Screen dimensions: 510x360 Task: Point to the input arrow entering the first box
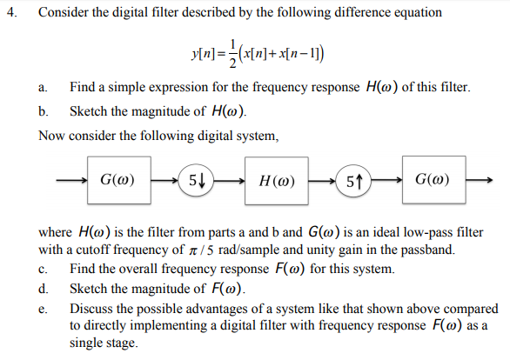71,180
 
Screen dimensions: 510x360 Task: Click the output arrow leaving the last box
480,180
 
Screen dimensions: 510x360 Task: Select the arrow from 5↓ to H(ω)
229,181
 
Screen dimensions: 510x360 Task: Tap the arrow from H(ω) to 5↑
322,181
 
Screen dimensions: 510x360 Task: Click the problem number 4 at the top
11,12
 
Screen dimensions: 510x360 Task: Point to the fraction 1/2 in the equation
232,54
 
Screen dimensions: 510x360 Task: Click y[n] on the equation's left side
203,54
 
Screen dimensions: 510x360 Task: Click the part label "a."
43,88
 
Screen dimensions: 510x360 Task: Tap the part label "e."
43,309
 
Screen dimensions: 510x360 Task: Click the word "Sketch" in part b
88,111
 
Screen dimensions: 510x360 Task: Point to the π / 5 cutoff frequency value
201,250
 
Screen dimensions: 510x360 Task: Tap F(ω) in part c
290,269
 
